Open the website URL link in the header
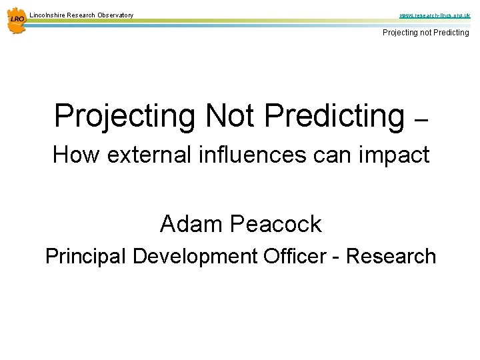tap(434, 14)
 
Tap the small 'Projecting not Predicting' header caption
tap(425, 32)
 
